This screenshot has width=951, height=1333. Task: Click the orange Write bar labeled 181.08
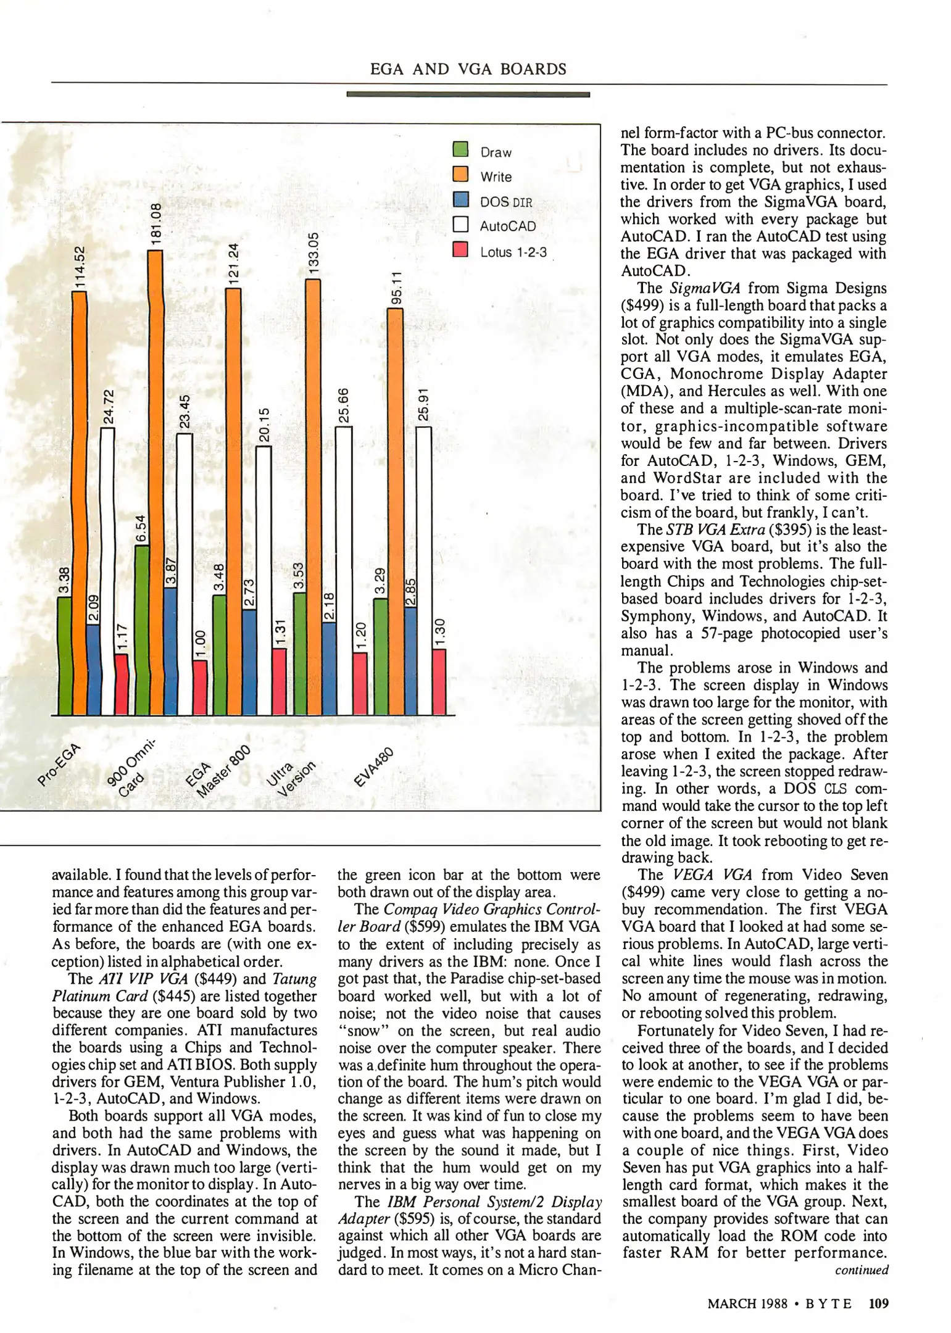[x=156, y=481]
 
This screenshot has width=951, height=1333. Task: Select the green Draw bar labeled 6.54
[x=141, y=629]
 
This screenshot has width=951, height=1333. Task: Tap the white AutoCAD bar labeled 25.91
[x=423, y=571]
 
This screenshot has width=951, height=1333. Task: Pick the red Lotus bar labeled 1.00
[x=200, y=687]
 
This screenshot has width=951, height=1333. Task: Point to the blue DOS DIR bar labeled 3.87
[x=170, y=651]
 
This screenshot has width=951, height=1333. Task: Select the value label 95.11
[x=396, y=287]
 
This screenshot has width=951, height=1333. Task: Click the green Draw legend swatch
[x=460, y=150]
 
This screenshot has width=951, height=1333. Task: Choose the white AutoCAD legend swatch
[x=460, y=224]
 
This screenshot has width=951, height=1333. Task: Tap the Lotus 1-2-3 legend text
[x=513, y=252]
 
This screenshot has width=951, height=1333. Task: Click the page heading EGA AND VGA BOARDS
[x=468, y=69]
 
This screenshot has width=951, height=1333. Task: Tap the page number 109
[x=878, y=1303]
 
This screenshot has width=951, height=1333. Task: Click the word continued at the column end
[x=862, y=1270]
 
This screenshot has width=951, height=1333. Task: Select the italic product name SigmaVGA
[x=700, y=288]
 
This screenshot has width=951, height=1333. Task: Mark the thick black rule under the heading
[x=468, y=94]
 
